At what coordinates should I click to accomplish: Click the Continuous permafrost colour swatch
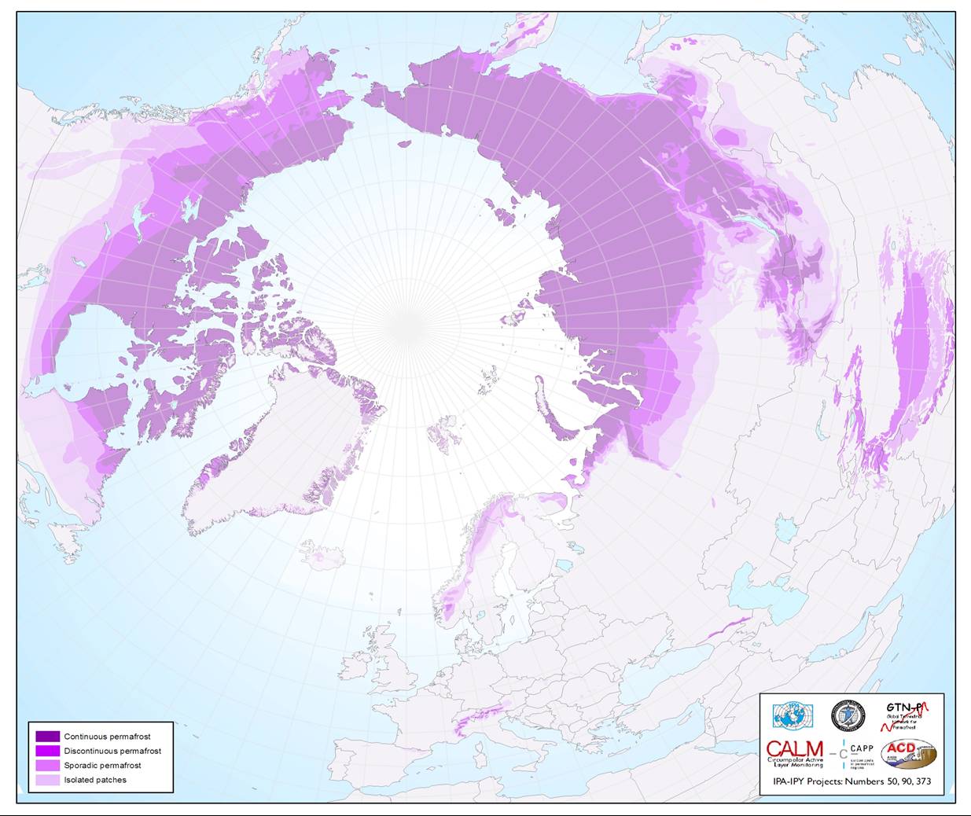[47, 737]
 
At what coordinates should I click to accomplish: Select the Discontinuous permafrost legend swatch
[47, 751]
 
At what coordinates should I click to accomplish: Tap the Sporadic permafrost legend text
[102, 766]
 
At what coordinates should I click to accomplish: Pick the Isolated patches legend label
[95, 780]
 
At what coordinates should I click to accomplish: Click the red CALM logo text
[794, 749]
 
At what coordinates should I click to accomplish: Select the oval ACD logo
[908, 754]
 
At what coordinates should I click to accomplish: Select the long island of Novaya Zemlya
[550, 409]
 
